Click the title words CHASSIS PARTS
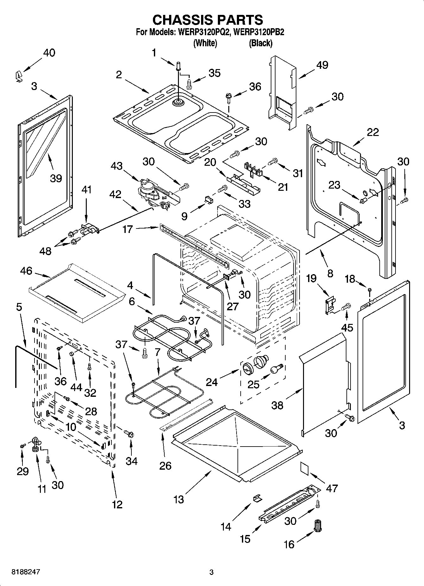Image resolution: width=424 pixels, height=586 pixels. click(208, 20)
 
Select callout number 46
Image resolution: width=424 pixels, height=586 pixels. click(26, 271)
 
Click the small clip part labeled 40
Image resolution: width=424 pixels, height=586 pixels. click(19, 76)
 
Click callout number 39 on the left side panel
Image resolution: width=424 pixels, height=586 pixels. click(56, 178)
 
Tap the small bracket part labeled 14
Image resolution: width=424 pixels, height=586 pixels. click(257, 499)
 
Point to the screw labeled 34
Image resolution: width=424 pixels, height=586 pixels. click(129, 433)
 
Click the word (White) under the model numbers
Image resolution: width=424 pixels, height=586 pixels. click(205, 43)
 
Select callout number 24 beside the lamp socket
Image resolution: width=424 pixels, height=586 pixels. click(212, 382)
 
